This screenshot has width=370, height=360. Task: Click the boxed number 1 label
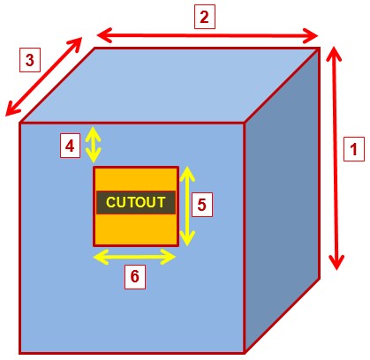[x=354, y=149]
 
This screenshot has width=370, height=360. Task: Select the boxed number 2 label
[x=205, y=17]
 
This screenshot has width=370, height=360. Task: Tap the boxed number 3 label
[x=30, y=60]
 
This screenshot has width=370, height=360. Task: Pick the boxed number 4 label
[x=70, y=146]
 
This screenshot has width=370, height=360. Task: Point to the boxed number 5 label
[x=202, y=205]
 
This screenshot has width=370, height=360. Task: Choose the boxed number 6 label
[x=135, y=276]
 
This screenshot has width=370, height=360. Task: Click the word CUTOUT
[x=136, y=202]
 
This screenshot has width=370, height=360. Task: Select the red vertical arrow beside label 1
[x=335, y=158]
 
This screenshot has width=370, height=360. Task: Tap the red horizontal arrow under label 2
[x=208, y=35]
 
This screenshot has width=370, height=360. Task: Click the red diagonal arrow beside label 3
[x=43, y=76]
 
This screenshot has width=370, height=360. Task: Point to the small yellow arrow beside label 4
[x=94, y=145]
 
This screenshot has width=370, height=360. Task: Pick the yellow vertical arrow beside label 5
[x=187, y=206]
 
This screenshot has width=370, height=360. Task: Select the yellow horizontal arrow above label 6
[x=134, y=257]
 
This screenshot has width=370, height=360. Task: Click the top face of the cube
[x=170, y=85]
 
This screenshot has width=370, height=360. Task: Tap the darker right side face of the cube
[x=282, y=200]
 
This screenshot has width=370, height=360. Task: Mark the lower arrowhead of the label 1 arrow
[x=336, y=263]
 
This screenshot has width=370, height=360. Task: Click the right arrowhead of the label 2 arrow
[x=311, y=36]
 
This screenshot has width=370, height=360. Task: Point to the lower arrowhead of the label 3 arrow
[x=11, y=109]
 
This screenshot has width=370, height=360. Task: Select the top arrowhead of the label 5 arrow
[x=187, y=174]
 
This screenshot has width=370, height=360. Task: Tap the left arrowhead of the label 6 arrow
[x=100, y=257]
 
